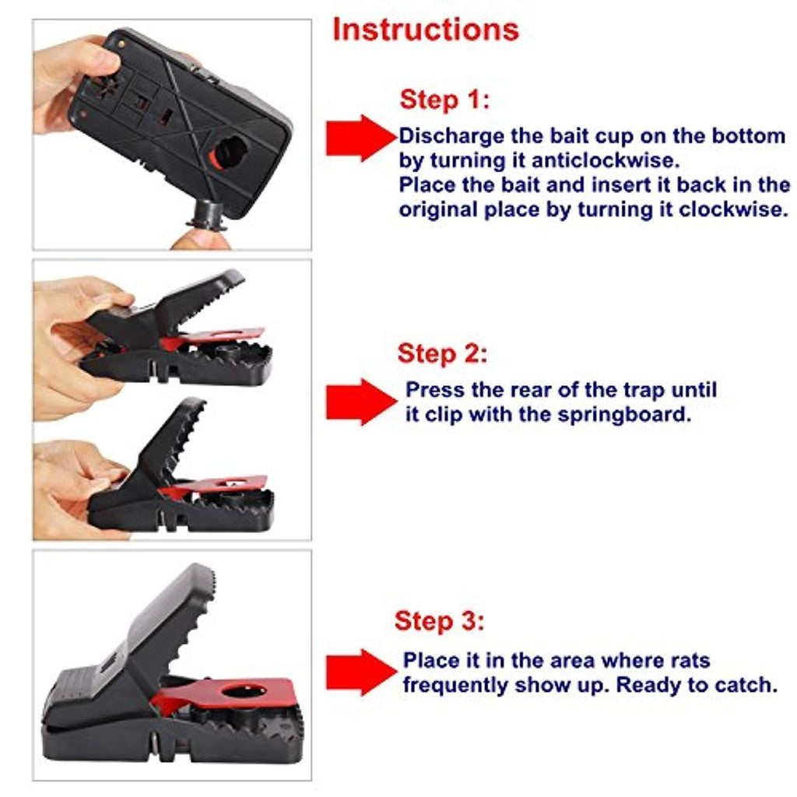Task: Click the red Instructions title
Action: (x=426, y=30)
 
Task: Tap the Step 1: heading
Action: (x=444, y=100)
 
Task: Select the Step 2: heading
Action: (x=442, y=354)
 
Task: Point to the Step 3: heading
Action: (x=439, y=621)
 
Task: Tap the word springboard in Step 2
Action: (x=624, y=416)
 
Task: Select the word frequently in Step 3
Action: (x=455, y=686)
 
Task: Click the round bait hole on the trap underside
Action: (x=231, y=153)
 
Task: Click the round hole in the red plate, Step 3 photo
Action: (x=244, y=691)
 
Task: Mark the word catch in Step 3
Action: (x=745, y=685)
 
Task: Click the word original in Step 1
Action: (x=437, y=210)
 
